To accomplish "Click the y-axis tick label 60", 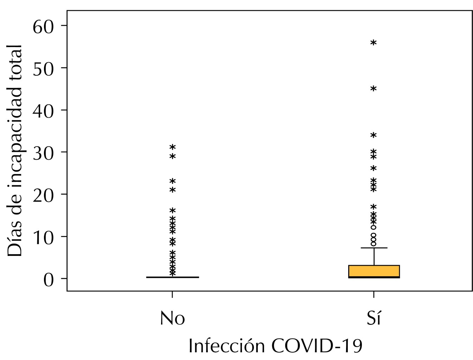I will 43,27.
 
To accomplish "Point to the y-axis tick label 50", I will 43,69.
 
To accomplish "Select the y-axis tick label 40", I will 43,111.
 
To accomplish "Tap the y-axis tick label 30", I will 43,153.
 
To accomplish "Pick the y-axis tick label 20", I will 43,195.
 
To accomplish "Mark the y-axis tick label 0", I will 49,280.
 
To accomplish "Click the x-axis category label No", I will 172,319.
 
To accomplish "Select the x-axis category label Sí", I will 373,319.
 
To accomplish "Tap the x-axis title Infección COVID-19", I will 275,346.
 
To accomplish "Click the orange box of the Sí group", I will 374,271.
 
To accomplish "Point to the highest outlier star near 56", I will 373,43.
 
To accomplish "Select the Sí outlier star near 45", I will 373,89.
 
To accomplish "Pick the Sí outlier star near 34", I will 373,136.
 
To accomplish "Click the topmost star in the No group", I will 172,147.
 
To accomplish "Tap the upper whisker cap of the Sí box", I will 374,248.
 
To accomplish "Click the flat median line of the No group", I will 172,277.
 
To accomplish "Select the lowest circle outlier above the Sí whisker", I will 373,243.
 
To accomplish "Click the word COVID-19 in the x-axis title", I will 317,346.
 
